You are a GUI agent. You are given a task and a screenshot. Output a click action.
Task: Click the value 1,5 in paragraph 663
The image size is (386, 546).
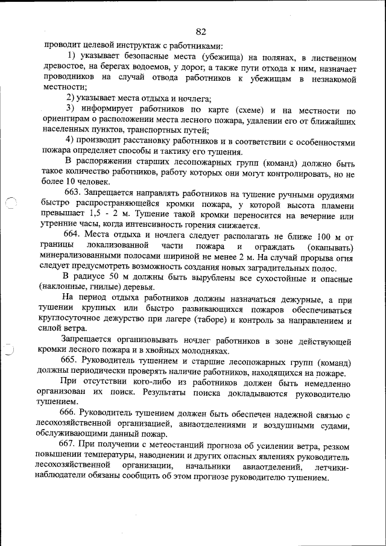(x=88, y=215)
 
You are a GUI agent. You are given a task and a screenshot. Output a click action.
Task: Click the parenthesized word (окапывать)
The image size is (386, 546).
(x=329, y=247)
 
